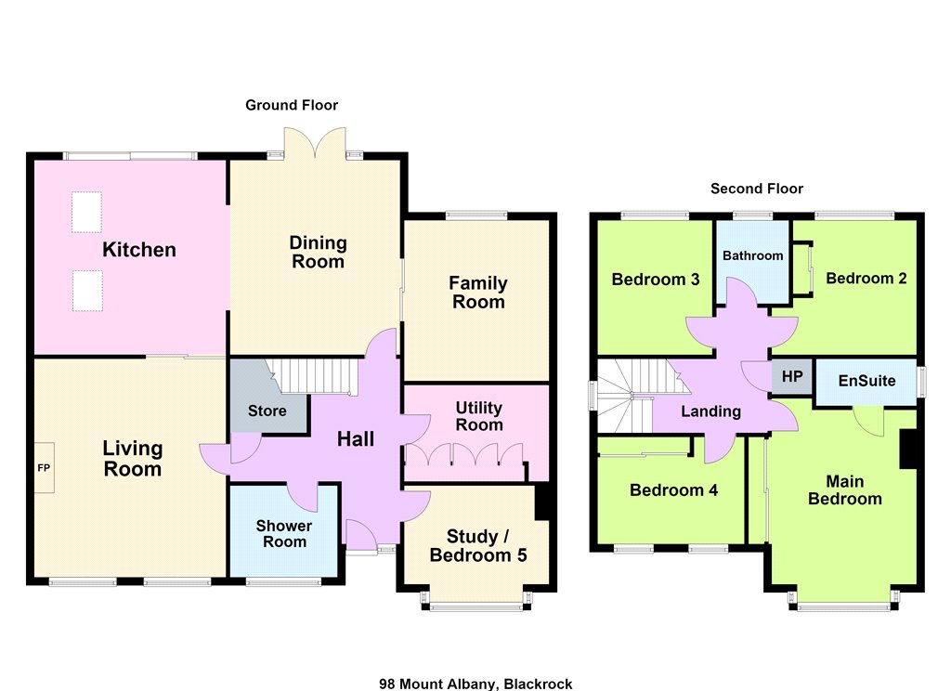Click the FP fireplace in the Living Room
(45, 468)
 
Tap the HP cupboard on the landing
(792, 377)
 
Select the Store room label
(267, 411)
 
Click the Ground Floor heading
(292, 105)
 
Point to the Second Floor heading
(757, 189)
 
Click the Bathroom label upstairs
(752, 255)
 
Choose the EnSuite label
(866, 381)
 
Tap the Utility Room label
(479, 416)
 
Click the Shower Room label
(284, 534)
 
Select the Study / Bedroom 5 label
(478, 545)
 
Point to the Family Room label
(478, 293)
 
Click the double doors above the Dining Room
(316, 143)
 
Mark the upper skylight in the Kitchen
(86, 213)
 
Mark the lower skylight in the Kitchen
(87, 291)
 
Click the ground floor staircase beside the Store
(311, 376)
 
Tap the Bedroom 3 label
(655, 280)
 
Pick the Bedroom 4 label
(673, 490)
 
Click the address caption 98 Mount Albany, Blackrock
(475, 684)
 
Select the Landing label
(710, 412)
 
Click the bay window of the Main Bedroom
(843, 599)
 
